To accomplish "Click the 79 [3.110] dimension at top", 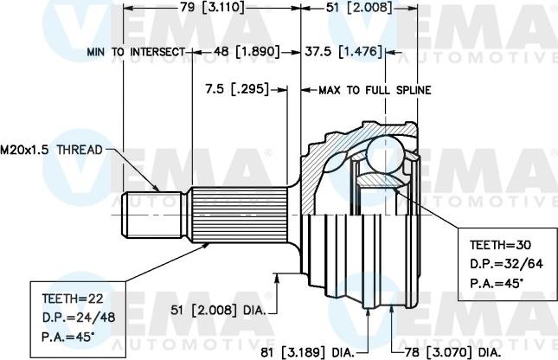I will click(x=212, y=8).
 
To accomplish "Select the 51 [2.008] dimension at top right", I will click(x=359, y=8).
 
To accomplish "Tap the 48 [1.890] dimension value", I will click(x=247, y=52).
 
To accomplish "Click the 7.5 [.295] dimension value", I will click(x=234, y=89).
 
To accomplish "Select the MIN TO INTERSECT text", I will click(x=136, y=52).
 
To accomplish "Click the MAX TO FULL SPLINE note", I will click(x=375, y=89).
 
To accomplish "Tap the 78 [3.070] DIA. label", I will click(x=453, y=352).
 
